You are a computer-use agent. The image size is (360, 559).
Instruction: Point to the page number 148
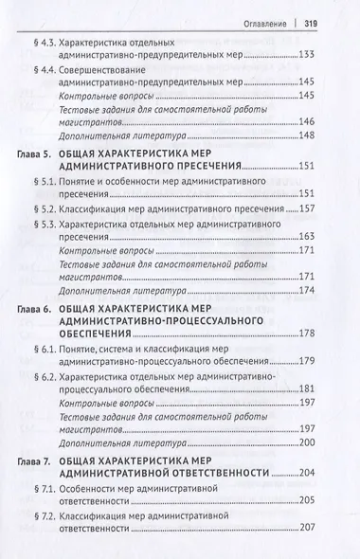coord(328,134)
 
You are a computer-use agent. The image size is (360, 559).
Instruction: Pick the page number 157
coord(328,207)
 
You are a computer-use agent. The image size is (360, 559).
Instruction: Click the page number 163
coord(328,238)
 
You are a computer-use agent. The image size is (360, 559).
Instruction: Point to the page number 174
coord(328,291)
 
